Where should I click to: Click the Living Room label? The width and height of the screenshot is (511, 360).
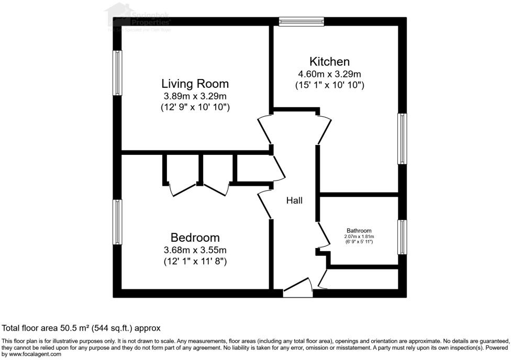pos(195,84)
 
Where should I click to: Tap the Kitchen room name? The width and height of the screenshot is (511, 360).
pos(329,62)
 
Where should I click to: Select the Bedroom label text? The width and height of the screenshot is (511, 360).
pos(195,238)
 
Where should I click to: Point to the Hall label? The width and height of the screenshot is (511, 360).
pos(294,200)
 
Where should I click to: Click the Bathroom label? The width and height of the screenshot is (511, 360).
pos(359,231)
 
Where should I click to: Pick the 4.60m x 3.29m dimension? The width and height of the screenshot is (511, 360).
pos(329,74)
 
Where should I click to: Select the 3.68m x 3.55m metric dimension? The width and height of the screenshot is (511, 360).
pos(195,250)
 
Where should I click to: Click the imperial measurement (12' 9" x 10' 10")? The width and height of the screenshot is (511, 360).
pos(195,107)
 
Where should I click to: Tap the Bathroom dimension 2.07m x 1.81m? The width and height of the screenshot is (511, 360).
pos(359,237)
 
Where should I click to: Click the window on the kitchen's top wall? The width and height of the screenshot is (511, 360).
pos(301,21)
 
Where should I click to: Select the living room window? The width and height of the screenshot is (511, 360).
pos(118,73)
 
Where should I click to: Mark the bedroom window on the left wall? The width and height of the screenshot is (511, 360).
pos(118,222)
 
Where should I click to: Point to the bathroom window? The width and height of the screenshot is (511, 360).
pos(402,237)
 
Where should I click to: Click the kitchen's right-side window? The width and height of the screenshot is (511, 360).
pos(402,139)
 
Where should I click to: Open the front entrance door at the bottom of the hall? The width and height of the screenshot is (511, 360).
pos(297,291)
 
